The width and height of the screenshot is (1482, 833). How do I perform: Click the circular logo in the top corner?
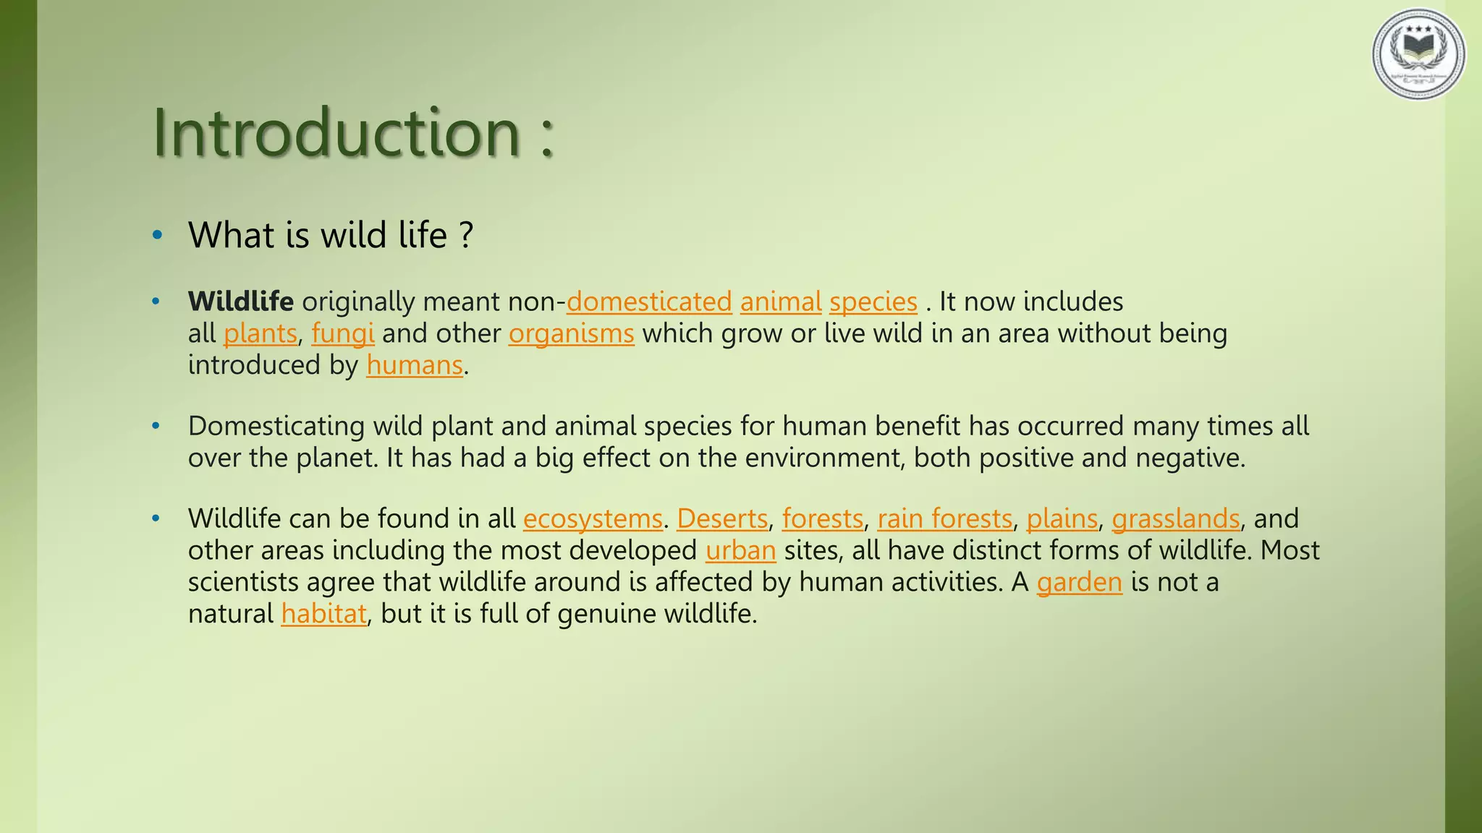click(1418, 54)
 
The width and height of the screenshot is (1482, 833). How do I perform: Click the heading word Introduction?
click(336, 132)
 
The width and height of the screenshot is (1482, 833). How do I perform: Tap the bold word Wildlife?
click(240, 302)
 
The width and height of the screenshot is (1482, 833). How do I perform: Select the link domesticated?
click(649, 302)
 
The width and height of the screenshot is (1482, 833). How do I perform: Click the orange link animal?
click(781, 302)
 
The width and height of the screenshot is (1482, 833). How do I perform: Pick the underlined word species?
click(873, 302)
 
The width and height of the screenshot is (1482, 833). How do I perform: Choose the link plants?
click(260, 333)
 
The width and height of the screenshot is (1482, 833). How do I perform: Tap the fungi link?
click(342, 333)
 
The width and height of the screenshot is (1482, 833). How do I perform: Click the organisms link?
click(571, 333)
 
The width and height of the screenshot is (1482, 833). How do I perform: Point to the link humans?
click(414, 365)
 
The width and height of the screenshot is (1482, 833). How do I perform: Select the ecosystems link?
click(593, 518)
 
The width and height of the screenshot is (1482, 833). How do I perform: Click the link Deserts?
click(721, 518)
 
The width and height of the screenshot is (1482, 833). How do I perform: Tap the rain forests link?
click(944, 518)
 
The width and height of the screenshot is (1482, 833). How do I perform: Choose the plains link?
click(1062, 518)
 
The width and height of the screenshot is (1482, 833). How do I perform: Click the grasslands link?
click(1176, 518)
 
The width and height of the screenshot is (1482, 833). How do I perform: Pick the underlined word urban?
click(740, 550)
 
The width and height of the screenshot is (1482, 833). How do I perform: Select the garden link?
click(1079, 582)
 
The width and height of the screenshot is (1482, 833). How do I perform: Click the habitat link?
click(323, 614)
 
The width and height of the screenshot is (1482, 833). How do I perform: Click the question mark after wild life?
click(467, 236)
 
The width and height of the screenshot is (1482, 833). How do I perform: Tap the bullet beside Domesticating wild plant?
click(156, 426)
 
